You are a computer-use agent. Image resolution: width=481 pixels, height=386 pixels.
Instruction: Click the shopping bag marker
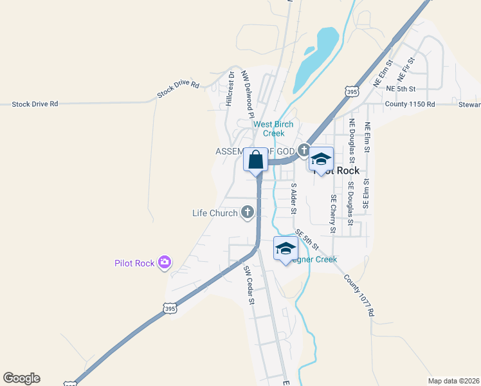pyautogui.click(x=256, y=160)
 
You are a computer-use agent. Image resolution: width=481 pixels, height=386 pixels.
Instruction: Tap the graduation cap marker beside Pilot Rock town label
pyautogui.click(x=320, y=160)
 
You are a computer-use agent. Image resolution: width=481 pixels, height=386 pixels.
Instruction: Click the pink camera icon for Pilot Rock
pyautogui.click(x=165, y=262)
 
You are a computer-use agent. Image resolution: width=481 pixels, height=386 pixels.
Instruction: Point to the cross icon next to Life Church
pyautogui.click(x=247, y=212)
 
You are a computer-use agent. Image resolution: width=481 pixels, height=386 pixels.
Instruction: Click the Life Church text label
pyautogui.click(x=215, y=213)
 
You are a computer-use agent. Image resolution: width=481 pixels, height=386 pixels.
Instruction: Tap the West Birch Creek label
pyautogui.click(x=273, y=129)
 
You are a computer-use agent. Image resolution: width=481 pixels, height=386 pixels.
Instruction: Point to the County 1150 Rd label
pyautogui.click(x=410, y=104)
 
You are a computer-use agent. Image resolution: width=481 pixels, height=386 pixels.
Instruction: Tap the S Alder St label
pyautogui.click(x=294, y=198)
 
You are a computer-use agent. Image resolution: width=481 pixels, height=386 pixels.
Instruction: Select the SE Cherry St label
pyautogui.click(x=333, y=214)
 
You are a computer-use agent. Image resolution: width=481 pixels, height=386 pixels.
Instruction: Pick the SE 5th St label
pyautogui.click(x=307, y=240)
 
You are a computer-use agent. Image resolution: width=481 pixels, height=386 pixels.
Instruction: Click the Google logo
pyautogui.click(x=21, y=378)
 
